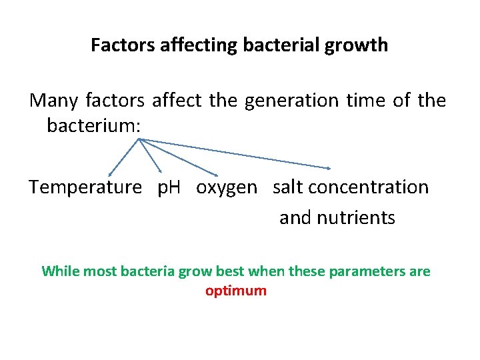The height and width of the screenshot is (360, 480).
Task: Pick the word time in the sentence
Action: click(x=365, y=101)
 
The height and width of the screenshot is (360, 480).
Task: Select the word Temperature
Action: click(x=85, y=187)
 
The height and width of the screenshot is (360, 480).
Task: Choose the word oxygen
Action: click(x=226, y=188)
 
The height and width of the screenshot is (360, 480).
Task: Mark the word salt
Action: click(x=288, y=187)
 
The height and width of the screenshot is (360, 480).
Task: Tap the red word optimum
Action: click(x=236, y=291)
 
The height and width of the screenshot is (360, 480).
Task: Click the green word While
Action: click(x=59, y=271)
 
